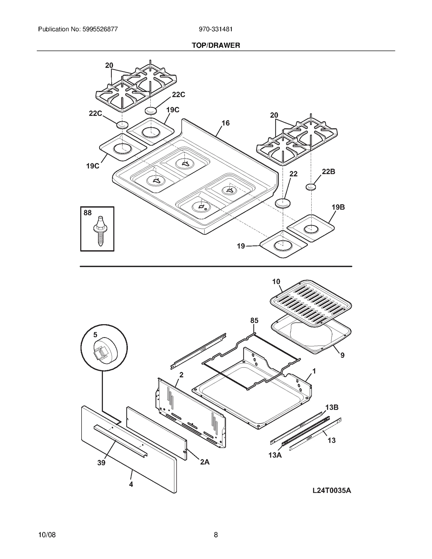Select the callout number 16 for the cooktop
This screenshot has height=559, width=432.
click(225, 123)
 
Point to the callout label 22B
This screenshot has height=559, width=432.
click(328, 172)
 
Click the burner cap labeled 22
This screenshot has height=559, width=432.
click(283, 203)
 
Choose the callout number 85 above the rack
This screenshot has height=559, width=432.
click(254, 320)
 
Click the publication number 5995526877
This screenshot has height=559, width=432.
click(99, 29)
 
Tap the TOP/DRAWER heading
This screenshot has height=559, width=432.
click(216, 45)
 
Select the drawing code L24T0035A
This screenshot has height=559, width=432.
click(332, 490)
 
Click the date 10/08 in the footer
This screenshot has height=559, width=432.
click(47, 535)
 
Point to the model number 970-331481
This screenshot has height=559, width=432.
click(216, 29)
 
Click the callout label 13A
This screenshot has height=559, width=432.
click(275, 455)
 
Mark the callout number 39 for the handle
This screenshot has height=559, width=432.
click(101, 463)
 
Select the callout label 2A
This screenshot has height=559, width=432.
click(205, 462)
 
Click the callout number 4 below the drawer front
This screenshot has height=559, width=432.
click(131, 484)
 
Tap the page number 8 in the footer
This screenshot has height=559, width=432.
click(216, 535)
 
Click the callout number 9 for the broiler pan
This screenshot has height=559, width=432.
click(342, 355)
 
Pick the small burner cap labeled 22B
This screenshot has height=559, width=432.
click(311, 187)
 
